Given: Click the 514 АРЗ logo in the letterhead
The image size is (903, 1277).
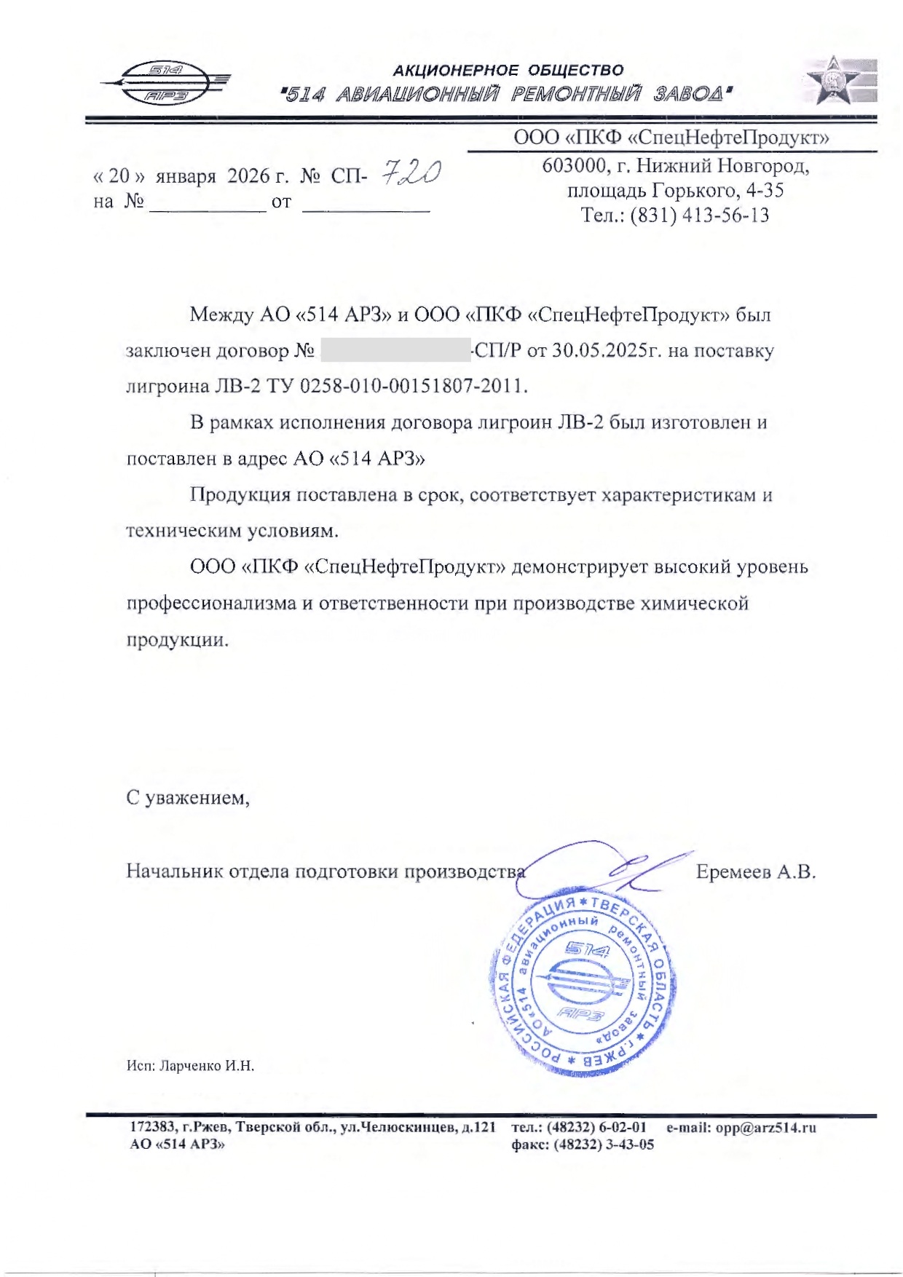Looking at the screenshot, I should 166,82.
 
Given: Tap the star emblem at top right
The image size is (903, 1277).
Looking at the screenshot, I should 840,80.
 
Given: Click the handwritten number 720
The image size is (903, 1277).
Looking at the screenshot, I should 411,173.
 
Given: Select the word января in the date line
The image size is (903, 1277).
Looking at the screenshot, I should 186,176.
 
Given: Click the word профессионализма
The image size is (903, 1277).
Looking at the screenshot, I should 211,604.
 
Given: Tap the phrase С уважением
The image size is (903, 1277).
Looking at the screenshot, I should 188,798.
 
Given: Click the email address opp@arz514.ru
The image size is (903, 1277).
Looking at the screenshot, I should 765,1128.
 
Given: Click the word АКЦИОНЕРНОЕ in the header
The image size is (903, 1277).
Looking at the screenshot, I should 455,71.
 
